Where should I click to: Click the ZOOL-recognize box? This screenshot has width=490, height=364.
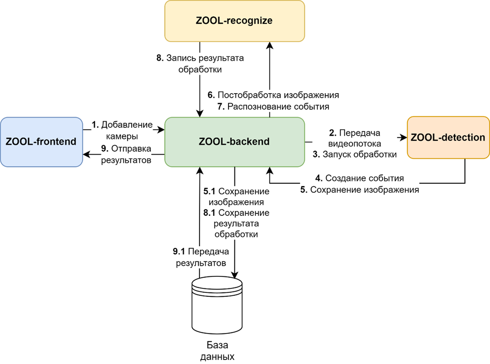click(234, 21)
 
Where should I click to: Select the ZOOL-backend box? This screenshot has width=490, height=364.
click(234, 142)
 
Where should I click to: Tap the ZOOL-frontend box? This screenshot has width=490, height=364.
click(41, 142)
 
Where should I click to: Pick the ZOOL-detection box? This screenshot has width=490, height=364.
click(447, 138)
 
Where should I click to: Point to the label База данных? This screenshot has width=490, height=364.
click(217, 350)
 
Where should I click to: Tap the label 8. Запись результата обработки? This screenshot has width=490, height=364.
click(200, 64)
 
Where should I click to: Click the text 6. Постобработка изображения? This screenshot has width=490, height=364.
click(273, 95)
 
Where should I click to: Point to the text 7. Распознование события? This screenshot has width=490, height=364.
click(273, 107)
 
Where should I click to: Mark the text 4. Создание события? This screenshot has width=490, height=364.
click(359, 178)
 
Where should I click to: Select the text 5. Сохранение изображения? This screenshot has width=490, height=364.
click(359, 190)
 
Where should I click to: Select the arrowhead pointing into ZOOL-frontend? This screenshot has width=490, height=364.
click(86, 154)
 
